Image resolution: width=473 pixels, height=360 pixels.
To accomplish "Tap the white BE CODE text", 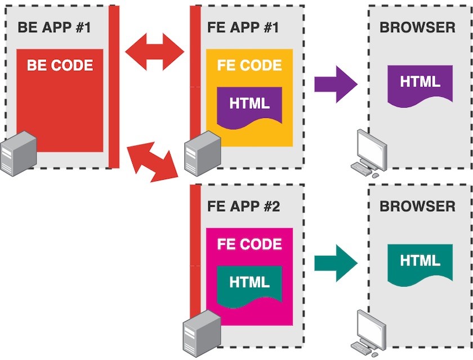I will (60, 65).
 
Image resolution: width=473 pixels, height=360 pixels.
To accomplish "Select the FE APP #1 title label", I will (243, 26).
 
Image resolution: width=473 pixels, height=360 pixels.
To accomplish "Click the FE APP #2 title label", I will (243, 206).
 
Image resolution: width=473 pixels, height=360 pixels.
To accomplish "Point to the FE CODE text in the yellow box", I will (249, 65).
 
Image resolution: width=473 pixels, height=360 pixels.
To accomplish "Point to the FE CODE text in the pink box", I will (249, 245).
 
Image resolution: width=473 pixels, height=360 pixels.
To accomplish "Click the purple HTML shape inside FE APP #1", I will (249, 104).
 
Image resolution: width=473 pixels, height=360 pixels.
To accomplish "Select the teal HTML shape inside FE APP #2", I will (249, 282).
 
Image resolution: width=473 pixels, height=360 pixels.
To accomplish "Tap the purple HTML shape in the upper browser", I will (420, 83).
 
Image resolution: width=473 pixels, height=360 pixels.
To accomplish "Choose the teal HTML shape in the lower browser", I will (420, 262).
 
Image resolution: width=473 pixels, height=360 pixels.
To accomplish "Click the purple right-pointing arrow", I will (336, 85).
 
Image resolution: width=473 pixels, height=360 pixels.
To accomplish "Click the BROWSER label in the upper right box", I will (417, 26).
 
